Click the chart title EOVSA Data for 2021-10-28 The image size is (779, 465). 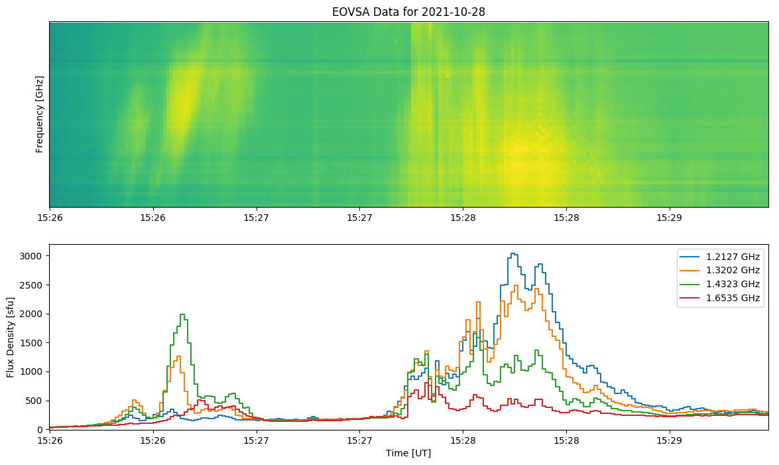pos(408,11)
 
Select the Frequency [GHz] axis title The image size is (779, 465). pos(40,114)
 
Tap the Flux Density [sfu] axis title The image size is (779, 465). pos(11,337)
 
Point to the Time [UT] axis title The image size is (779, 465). pos(408,453)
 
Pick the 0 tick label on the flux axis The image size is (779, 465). pos(40,430)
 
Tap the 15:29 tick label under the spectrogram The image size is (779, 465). pos(669,218)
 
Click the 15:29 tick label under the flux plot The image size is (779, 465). pos(669,440)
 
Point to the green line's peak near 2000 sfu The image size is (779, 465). pos(182,314)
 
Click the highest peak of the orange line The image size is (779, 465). pos(516,285)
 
